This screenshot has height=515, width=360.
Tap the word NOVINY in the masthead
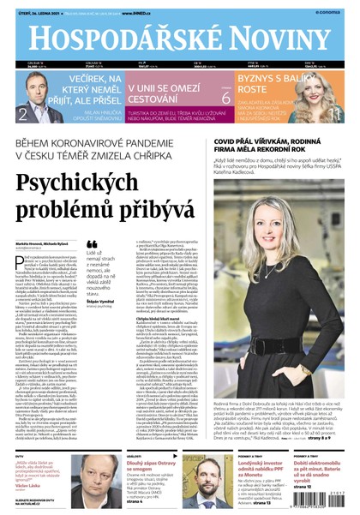tap(275, 40)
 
